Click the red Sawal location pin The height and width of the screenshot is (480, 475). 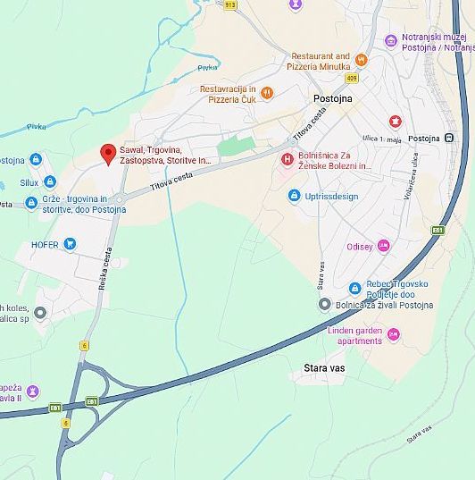(x=108, y=154)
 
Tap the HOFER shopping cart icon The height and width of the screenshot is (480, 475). (x=70, y=244)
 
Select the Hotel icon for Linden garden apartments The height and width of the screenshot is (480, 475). (x=394, y=334)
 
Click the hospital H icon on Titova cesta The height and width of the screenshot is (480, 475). (x=287, y=160)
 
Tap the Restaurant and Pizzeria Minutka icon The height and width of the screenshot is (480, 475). (x=362, y=61)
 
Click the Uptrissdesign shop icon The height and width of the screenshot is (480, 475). (x=294, y=196)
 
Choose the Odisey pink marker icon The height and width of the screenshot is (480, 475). (x=384, y=246)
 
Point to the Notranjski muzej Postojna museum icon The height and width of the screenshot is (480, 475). (x=390, y=40)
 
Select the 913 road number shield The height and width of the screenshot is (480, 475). (x=230, y=4)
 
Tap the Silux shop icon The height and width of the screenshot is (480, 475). (x=36, y=180)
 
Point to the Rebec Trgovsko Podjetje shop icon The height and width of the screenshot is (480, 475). (x=354, y=288)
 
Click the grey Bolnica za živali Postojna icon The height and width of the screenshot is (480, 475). (x=325, y=305)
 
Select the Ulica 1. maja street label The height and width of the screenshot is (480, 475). (x=382, y=138)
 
